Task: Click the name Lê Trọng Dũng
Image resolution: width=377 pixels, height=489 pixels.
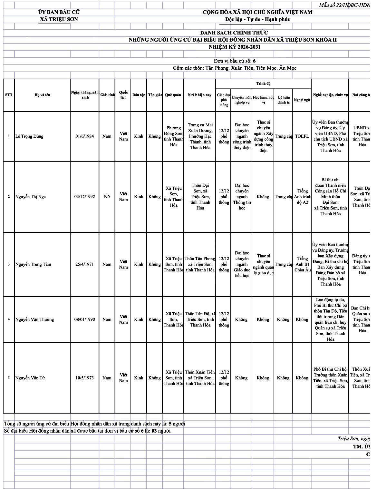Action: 29,136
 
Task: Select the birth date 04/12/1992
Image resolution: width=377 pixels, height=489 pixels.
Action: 85,197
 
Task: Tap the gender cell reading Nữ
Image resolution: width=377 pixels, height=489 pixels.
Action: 107,197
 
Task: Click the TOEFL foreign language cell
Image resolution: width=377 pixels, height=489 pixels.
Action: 302,136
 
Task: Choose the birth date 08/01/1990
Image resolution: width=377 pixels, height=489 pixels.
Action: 85,319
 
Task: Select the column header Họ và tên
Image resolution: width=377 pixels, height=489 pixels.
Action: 42,95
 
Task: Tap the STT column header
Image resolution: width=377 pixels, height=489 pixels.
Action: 9,95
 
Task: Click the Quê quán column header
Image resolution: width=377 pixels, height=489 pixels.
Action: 173,95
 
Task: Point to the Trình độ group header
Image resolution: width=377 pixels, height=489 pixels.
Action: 263,83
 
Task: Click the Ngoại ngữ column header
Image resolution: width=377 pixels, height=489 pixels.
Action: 302,100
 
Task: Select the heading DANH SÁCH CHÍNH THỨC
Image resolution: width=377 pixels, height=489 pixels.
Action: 234,33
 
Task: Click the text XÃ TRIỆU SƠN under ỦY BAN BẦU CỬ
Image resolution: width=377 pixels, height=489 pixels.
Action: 59,19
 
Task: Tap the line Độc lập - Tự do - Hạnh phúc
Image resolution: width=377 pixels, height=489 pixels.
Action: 257,19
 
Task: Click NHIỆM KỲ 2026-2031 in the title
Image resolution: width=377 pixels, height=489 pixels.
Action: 235,47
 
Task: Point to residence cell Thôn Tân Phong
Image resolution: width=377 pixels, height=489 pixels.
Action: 200,264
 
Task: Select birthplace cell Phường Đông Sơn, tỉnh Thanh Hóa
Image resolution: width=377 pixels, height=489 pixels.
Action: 173,136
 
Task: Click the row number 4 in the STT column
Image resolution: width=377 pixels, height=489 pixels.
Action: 9,319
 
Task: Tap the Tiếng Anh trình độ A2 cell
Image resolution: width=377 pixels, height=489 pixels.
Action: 302,197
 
